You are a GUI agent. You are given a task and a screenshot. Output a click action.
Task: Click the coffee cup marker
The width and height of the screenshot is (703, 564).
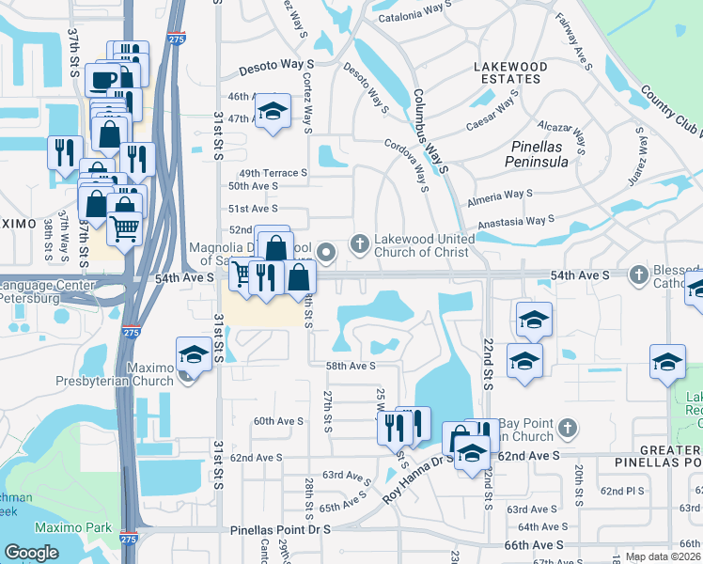point(102,78)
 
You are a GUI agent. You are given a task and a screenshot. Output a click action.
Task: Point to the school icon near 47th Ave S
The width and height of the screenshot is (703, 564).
point(272,113)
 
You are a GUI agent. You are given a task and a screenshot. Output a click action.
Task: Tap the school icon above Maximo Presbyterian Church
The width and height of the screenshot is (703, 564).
point(193,354)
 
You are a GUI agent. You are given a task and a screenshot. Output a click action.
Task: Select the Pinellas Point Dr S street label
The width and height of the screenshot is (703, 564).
point(281,531)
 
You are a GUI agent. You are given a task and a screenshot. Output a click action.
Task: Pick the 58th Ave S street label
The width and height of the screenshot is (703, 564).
point(350,366)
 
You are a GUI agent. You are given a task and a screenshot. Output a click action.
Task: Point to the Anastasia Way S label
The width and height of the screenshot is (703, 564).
point(516,222)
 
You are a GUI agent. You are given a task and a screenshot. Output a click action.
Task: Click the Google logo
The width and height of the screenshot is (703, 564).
point(32,552)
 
